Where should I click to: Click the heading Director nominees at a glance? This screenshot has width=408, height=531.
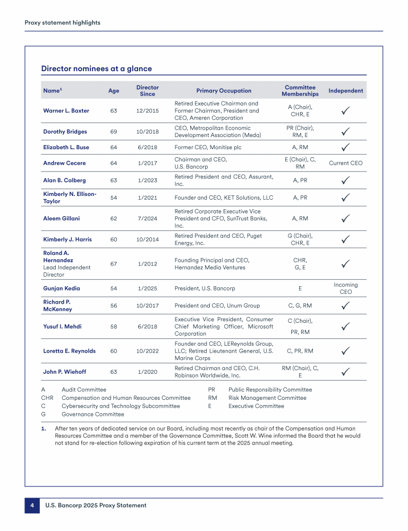[96, 68]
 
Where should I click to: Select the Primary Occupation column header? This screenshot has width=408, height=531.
[224, 91]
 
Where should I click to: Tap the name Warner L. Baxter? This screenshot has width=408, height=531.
[66, 111]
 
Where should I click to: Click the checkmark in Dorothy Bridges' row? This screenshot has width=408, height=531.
[345, 131]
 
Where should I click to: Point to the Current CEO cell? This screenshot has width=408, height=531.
[345, 163]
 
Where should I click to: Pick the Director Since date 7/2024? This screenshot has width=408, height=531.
[147, 218]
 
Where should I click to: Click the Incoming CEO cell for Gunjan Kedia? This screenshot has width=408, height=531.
[345, 288]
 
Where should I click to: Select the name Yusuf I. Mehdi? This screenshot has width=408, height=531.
[62, 327]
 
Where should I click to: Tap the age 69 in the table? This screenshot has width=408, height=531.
[114, 132]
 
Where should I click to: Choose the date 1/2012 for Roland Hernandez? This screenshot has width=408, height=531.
[147, 264]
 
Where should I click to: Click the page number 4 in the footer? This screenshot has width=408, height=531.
[31, 506]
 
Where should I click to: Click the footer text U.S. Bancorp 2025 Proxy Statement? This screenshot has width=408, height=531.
[96, 506]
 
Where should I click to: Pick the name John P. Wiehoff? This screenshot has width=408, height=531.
[64, 372]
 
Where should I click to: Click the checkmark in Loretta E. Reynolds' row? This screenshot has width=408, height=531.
[345, 351]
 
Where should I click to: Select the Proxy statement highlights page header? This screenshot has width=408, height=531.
[62, 23]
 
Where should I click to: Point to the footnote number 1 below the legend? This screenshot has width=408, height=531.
[44, 428]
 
